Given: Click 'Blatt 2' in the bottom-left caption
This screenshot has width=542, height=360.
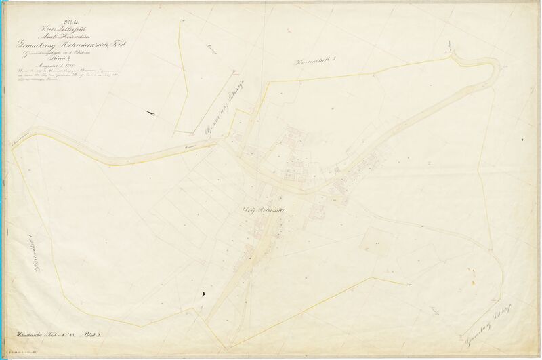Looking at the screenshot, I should (x=92, y=335).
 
